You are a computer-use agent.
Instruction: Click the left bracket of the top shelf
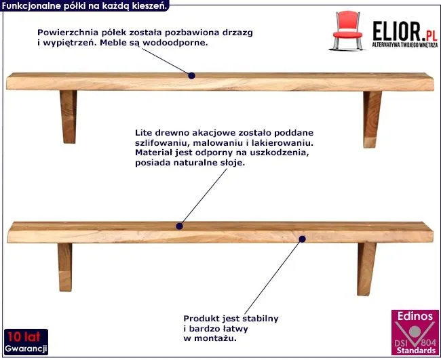69,116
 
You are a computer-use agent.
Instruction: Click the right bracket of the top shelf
372,119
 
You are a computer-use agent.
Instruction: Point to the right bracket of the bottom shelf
367,268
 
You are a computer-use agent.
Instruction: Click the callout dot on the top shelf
192,76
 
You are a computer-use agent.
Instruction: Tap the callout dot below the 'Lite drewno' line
180,226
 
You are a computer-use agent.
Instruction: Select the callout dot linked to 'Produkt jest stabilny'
303,238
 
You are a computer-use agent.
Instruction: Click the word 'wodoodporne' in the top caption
178,43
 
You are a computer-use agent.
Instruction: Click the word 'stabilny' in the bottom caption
259,318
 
